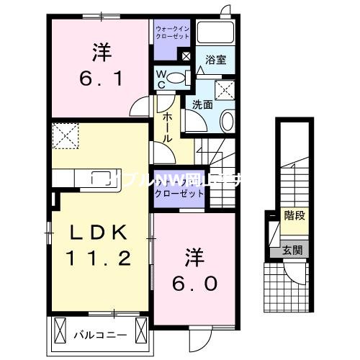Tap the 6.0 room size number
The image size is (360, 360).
click(x=193, y=283)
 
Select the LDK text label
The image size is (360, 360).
click(x=100, y=233)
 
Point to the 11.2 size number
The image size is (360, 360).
click(x=100, y=258)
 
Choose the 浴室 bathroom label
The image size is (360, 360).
click(x=216, y=60)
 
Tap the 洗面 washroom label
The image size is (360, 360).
click(x=201, y=104)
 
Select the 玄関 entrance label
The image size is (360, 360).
click(x=292, y=251)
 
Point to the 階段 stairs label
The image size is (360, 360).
click(x=292, y=215)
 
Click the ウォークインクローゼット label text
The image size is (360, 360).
click(x=172, y=32)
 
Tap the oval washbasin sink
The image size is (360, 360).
click(x=227, y=121)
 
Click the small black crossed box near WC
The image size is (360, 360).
click(x=186, y=55)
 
